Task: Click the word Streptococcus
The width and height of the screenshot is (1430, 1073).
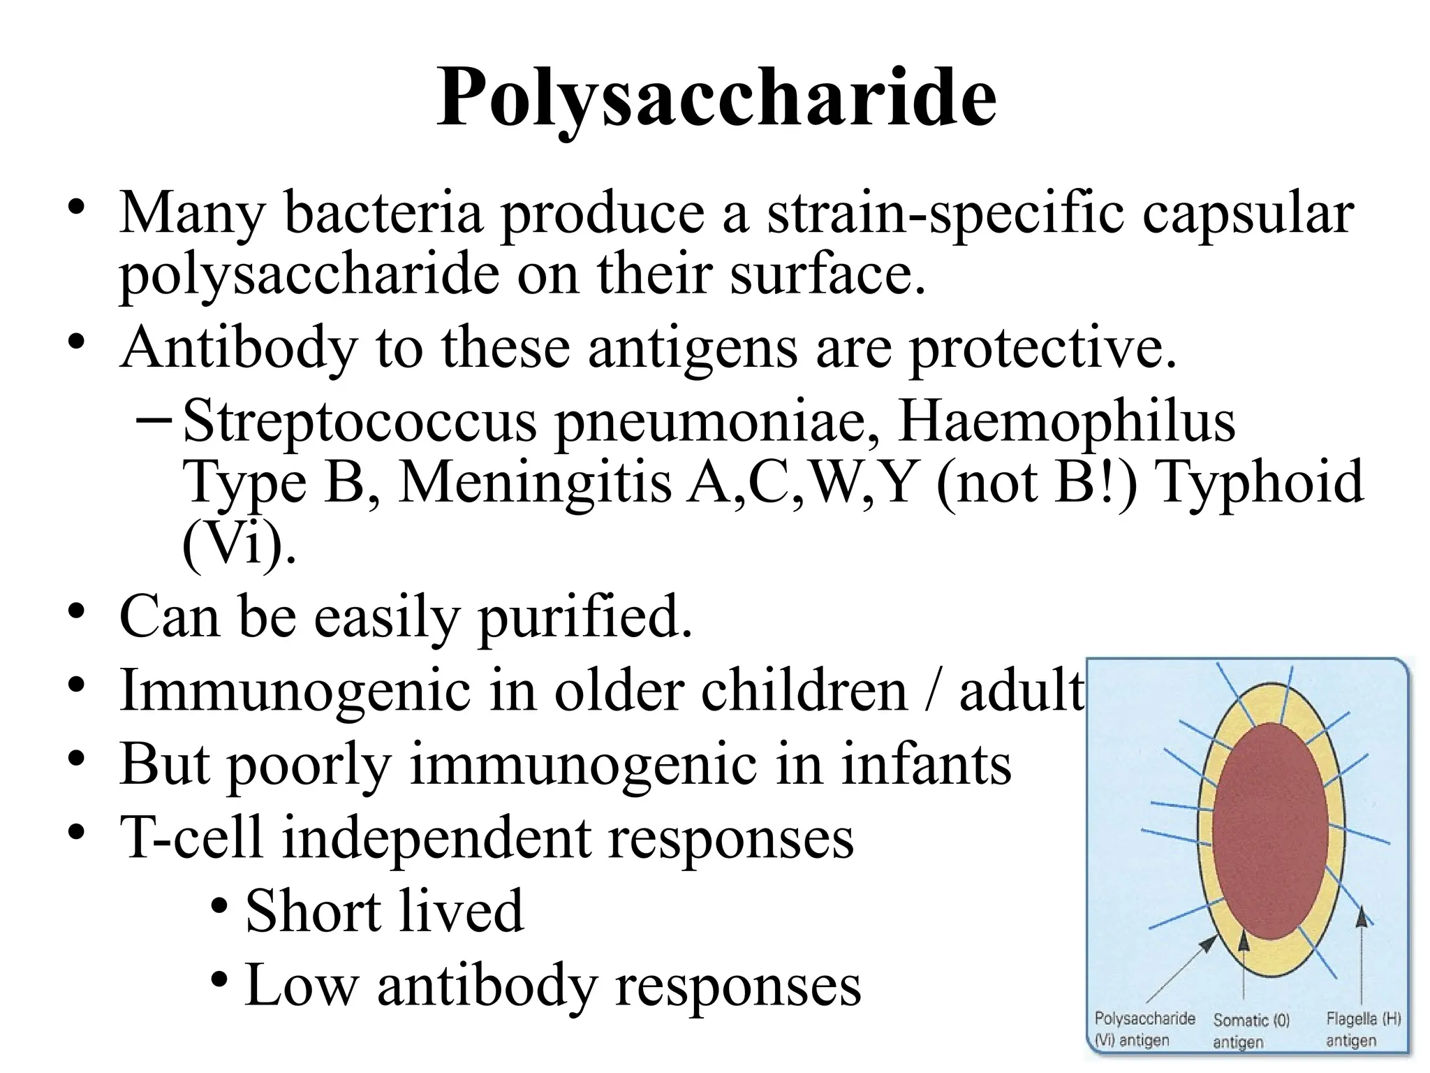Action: tap(359, 422)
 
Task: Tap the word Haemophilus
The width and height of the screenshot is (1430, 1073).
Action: tap(1066, 422)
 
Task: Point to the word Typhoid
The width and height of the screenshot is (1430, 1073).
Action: tap(1259, 482)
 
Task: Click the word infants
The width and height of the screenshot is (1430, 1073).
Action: tap(926, 764)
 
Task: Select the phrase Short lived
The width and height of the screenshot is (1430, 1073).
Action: tap(384, 911)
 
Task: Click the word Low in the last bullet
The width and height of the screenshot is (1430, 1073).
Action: tap(301, 985)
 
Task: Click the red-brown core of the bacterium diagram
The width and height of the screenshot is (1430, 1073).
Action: tap(1270, 831)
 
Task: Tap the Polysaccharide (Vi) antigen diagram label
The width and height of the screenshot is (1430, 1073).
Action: tap(1144, 1029)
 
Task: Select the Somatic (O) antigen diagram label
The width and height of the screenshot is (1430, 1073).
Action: tap(1251, 1030)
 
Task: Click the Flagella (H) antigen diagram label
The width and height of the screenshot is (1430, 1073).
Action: tap(1363, 1029)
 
